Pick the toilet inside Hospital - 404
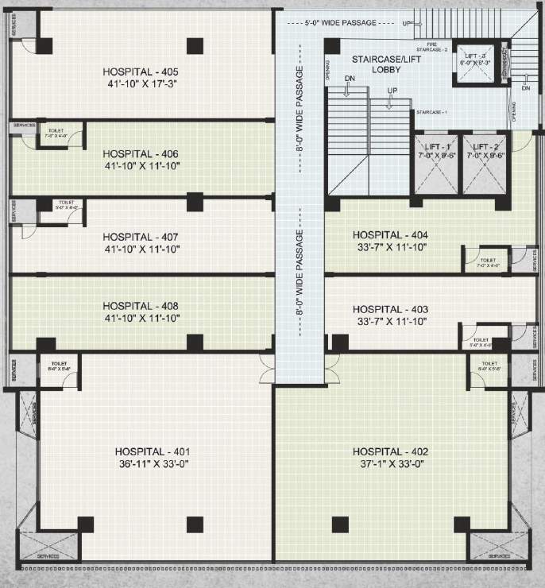[488, 263]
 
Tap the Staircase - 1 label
[431, 113]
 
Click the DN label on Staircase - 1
[349, 78]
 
